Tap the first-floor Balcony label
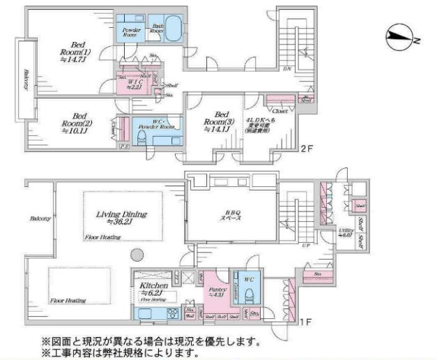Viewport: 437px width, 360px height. pos(40,218)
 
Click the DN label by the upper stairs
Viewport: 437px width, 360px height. pos(286,69)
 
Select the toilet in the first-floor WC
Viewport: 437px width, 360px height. pos(249,294)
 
